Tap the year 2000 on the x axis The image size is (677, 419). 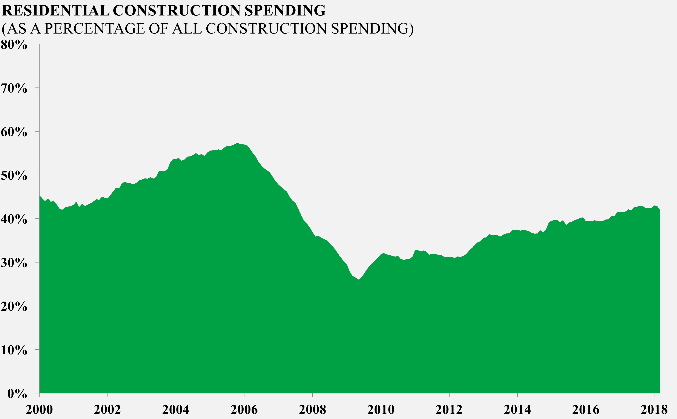click(x=39, y=410)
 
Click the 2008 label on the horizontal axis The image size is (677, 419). click(x=312, y=410)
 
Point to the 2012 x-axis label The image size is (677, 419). click(x=449, y=410)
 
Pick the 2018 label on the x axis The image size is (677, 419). click(x=654, y=410)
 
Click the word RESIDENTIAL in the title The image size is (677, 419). click(x=55, y=11)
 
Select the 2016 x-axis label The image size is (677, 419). click(x=586, y=410)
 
